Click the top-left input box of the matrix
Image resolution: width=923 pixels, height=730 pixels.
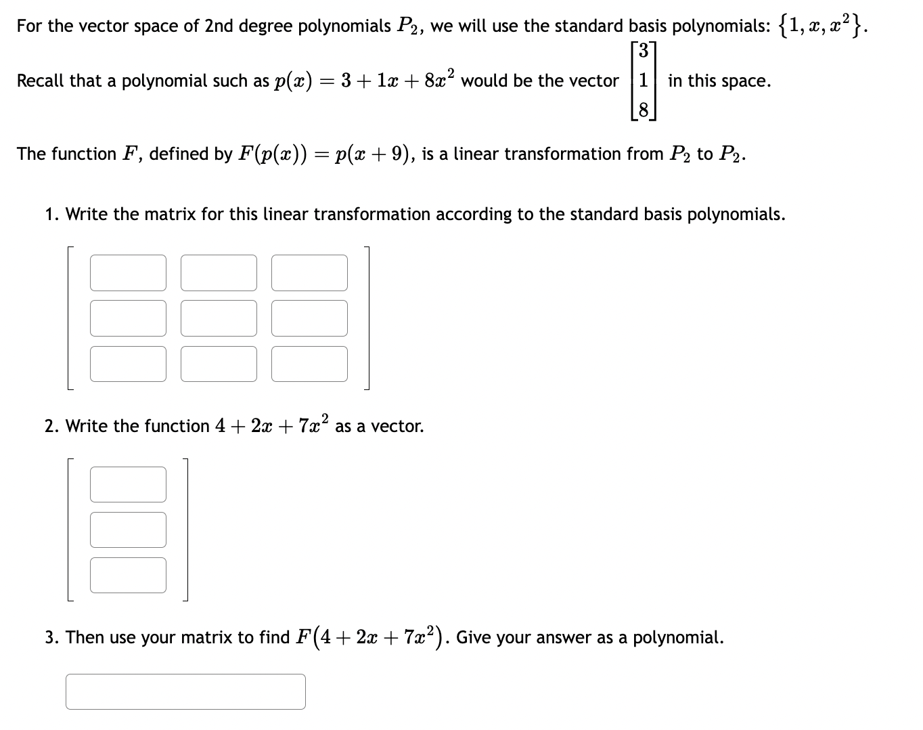point(128,272)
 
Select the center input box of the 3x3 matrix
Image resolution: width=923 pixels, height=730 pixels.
point(219,318)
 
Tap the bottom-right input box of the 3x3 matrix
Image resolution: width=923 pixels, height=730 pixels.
point(309,364)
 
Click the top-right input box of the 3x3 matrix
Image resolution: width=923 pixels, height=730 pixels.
point(309,272)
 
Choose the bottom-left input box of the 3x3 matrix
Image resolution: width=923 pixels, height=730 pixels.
point(128,364)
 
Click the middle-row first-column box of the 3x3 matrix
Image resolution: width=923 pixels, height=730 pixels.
point(128,318)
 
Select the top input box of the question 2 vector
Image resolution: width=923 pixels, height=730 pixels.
point(128,484)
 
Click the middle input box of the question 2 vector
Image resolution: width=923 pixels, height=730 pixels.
point(128,530)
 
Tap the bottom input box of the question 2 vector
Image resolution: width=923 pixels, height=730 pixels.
point(128,575)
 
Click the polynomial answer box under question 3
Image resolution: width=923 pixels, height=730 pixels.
point(185,691)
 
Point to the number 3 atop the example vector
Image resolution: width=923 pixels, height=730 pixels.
point(644,51)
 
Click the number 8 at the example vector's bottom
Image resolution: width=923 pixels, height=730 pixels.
point(644,109)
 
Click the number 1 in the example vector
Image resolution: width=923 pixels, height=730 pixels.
point(644,81)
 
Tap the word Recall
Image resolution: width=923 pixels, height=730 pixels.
point(41,81)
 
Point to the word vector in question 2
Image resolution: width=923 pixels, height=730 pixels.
point(397,427)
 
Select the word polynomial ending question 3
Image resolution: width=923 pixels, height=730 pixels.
point(677,638)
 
